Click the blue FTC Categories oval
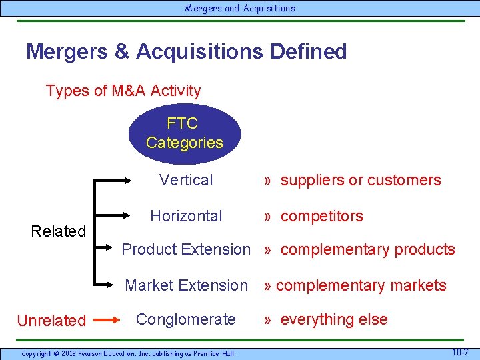coord(184,133)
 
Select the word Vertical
coord(186,180)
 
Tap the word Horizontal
coord(186,216)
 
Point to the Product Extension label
coord(186,249)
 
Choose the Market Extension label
coord(186,285)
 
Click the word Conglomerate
coord(186,319)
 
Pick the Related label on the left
coord(59,231)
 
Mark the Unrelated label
coord(51,321)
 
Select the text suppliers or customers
coord(360,180)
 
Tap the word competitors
coord(321,216)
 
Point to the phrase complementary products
coord(367,249)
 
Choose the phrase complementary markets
coord(361,285)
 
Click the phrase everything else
coord(333,319)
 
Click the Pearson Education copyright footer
coord(128,353)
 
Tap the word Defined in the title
coord(308,51)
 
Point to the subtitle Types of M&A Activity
coord(123,91)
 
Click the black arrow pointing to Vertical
coord(120,180)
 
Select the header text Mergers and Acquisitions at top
coord(240,9)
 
